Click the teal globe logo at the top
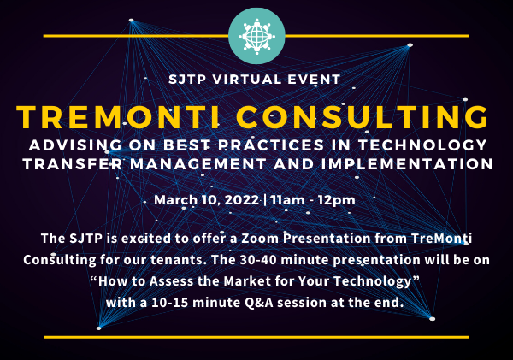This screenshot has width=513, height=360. click(256, 36)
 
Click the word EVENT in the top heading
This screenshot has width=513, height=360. click(316, 79)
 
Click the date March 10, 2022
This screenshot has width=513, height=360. click(208, 200)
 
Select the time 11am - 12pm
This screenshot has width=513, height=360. click(312, 200)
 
